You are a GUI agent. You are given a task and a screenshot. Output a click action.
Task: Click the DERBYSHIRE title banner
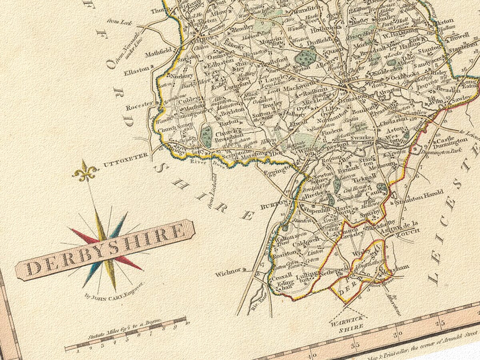click(105, 250)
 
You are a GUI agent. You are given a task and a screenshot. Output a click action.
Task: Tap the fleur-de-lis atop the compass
click(85, 171)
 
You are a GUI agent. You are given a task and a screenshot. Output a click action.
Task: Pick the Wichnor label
click(228, 274)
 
